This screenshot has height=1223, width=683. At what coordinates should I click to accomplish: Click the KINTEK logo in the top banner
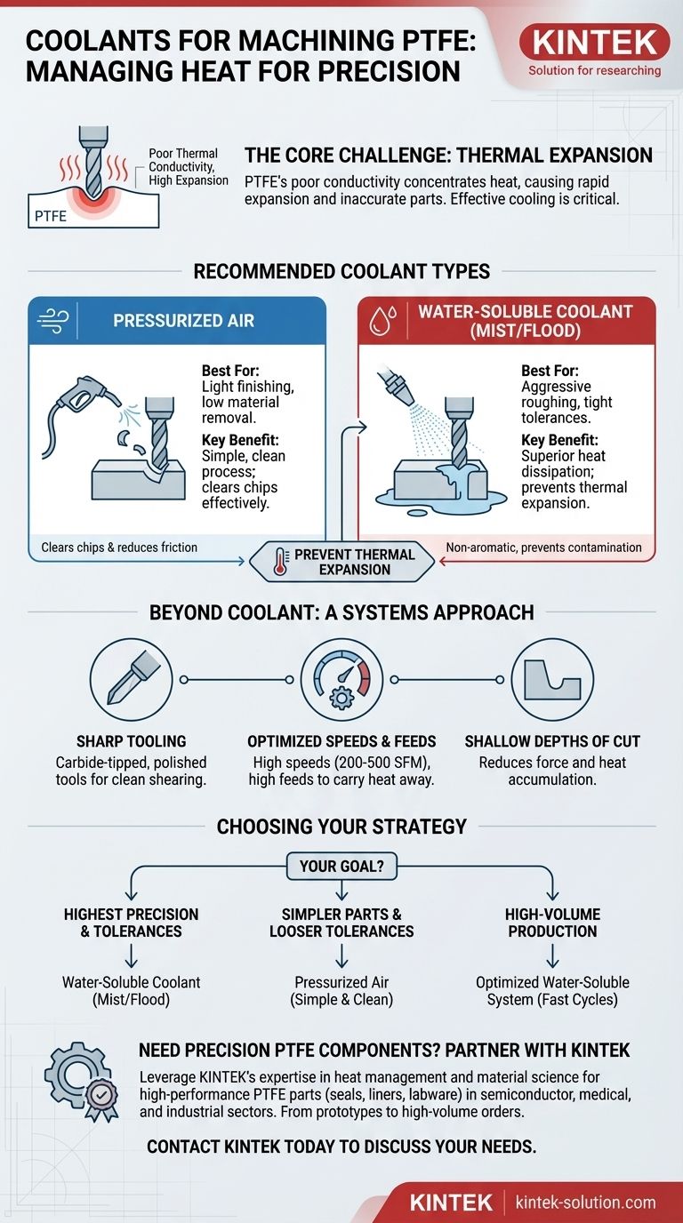594,42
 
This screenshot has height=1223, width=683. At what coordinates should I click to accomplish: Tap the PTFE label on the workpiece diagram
51,216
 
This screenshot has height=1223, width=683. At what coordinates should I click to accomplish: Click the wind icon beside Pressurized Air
52,321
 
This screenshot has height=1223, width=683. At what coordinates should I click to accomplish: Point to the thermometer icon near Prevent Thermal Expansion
280,561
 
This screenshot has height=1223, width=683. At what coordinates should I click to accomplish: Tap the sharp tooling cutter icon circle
131,679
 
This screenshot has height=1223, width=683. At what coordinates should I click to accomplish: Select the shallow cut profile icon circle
552,679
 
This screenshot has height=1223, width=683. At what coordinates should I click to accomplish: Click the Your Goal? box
341,866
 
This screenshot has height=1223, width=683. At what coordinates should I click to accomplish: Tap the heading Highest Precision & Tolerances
131,923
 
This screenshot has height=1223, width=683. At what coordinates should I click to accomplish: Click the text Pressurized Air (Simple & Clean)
341,990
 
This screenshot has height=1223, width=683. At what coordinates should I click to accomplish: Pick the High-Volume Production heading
552,923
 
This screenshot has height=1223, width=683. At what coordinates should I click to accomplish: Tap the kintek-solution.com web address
586,1203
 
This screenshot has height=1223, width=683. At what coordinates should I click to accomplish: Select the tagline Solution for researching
594,70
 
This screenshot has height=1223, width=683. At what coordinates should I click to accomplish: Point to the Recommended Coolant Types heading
341,271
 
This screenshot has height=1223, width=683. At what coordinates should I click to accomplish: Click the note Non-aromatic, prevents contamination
543,548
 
